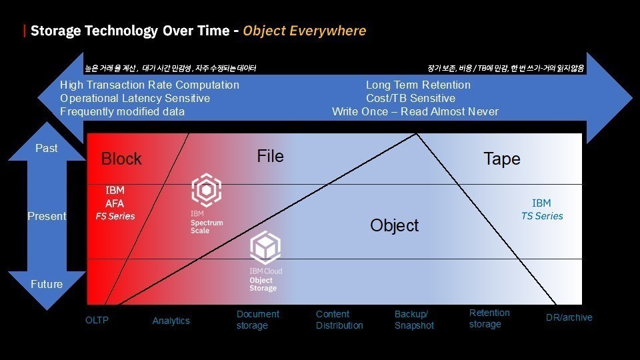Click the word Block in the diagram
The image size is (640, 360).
point(121,159)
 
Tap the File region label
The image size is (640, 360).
point(270,156)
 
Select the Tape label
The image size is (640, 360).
point(501,159)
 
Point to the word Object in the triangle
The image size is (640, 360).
point(394,226)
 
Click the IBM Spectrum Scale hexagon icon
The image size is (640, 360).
point(207,190)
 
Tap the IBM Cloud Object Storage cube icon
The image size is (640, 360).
point(265,247)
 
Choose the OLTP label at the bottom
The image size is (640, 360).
point(97,321)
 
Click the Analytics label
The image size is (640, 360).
point(171,321)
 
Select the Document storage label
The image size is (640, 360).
point(258,319)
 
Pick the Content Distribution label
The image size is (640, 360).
point(339,319)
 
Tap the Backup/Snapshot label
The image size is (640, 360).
point(414,319)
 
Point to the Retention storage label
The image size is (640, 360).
point(489,319)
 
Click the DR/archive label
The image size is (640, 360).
point(569,317)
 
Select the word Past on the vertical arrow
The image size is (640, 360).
point(47,148)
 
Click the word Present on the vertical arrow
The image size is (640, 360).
point(47,216)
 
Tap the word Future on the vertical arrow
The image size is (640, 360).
point(47,284)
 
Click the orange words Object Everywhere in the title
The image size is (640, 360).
point(305,31)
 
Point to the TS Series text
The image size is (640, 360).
point(542,216)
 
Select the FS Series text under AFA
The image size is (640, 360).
point(115,216)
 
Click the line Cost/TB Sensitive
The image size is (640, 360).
point(411,99)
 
